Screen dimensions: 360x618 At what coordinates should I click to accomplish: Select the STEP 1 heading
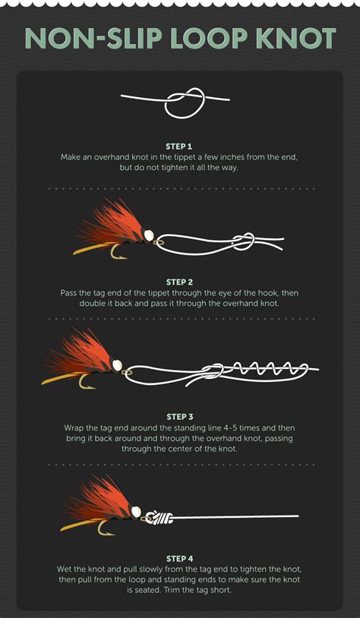click(x=179, y=147)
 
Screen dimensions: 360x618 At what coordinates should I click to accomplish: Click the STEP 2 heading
click(x=179, y=282)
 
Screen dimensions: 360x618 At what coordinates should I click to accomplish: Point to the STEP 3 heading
click(x=180, y=417)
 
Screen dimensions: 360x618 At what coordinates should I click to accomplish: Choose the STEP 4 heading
click(x=180, y=559)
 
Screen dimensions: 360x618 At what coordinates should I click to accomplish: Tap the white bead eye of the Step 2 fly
click(x=149, y=235)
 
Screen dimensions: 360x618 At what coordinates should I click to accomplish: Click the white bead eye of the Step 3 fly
click(x=117, y=365)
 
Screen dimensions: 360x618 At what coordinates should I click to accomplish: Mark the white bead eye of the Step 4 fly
click(x=136, y=512)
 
